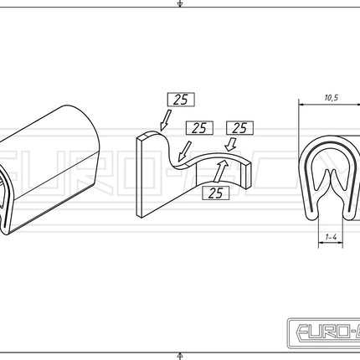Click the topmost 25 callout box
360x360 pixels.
pos(181,99)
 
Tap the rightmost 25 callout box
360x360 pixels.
pos(238,128)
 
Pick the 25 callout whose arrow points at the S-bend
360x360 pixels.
pos(198,128)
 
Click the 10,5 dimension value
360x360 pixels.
pos(331,98)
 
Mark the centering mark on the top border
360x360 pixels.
pos(180,4)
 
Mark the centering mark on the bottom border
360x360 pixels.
pos(180,355)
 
